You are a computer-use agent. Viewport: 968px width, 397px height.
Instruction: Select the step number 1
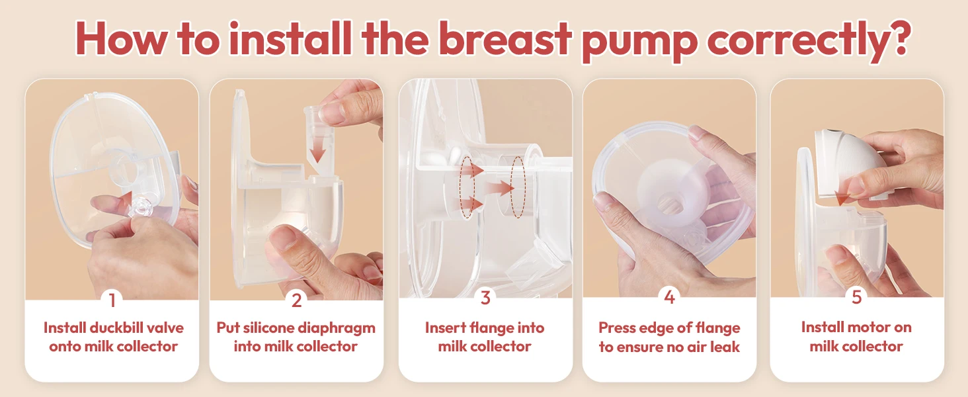[112, 300]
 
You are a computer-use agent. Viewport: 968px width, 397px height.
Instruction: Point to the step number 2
[296, 300]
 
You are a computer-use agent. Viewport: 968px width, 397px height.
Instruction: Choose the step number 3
[485, 298]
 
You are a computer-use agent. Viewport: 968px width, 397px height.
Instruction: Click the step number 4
[669, 297]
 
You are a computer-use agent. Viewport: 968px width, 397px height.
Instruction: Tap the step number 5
[856, 297]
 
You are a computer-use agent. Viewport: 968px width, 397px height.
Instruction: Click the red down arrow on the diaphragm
[319, 149]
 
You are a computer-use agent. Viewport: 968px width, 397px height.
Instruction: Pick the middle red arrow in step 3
[500, 188]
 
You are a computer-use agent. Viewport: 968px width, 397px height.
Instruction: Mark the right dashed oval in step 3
[518, 187]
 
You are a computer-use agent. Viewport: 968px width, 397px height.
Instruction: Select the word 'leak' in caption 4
[725, 347]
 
